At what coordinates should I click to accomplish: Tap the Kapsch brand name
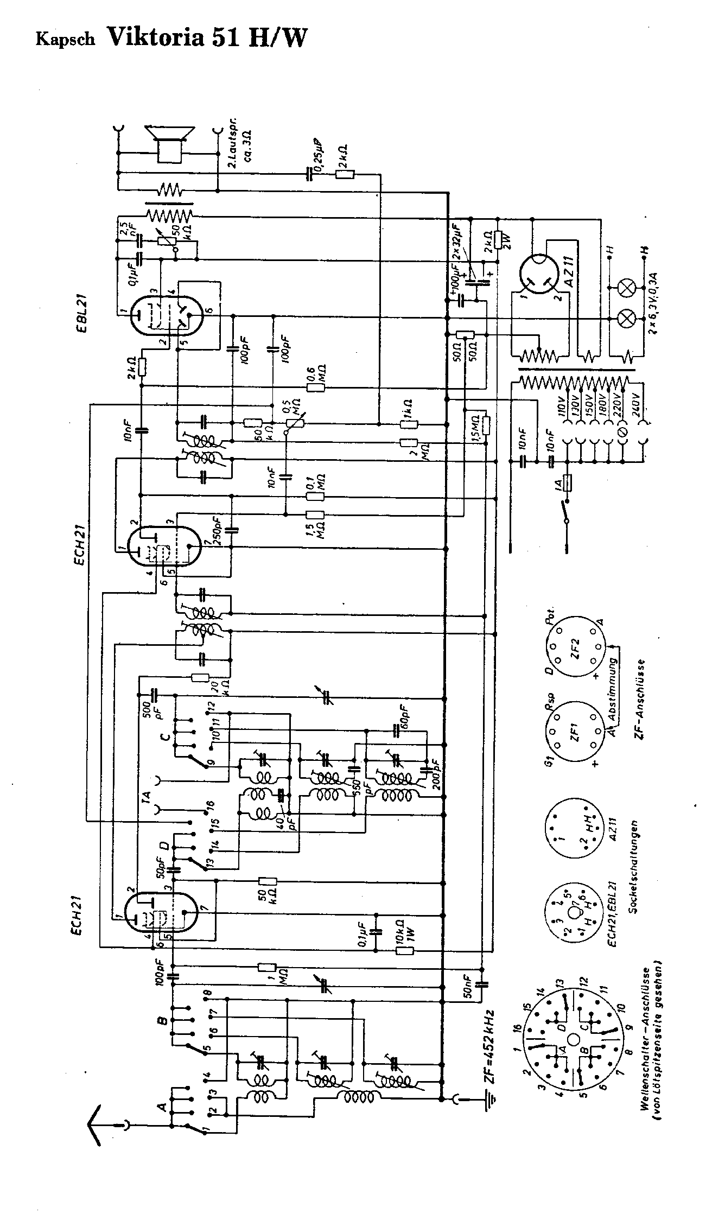[66, 40]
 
